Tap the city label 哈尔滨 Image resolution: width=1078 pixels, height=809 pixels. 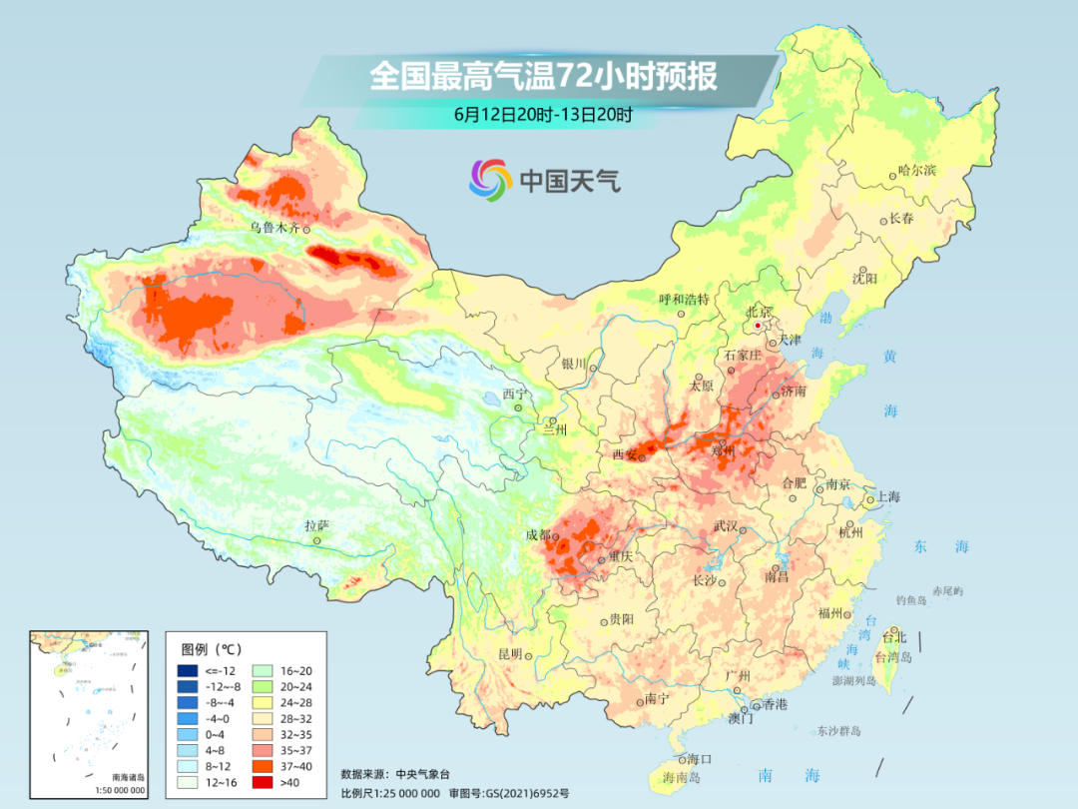[917, 171]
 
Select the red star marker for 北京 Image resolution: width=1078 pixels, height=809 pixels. [759, 326]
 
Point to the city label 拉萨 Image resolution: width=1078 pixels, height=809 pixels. [316, 525]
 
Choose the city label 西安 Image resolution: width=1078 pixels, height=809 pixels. [624, 455]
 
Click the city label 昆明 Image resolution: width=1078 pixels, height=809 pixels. [510, 654]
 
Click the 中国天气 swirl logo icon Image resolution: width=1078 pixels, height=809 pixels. [490, 180]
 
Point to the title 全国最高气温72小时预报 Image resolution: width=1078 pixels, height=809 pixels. [543, 77]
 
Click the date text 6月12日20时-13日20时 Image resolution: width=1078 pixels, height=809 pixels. [543, 114]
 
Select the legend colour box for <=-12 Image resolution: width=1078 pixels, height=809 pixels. [188, 670]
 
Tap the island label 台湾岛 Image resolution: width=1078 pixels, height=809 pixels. [892, 657]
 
